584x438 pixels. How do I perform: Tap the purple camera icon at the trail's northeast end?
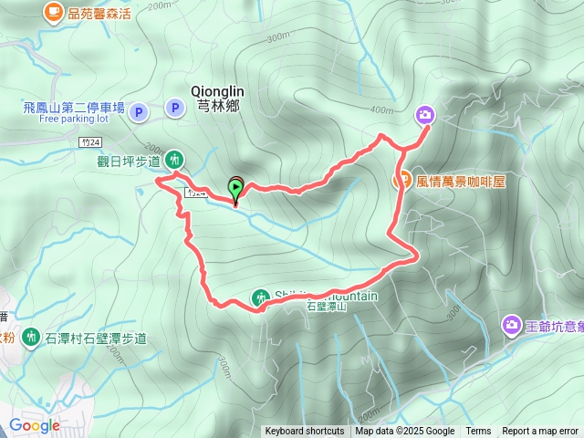[425, 114]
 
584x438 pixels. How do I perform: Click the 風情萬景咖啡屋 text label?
[461, 182]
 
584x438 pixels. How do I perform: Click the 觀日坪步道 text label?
[130, 162]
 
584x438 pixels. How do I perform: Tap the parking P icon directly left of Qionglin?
[174, 110]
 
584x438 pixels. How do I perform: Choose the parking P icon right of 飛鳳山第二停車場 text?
[139, 112]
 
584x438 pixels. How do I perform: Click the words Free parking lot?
[73, 119]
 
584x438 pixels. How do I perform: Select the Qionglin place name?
[217, 91]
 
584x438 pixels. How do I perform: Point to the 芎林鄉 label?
[217, 107]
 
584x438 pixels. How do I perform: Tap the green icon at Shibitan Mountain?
[261, 297]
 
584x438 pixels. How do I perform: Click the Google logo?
[34, 424]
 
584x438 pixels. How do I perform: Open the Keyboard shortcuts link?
[305, 432]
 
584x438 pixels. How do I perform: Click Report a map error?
[540, 432]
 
